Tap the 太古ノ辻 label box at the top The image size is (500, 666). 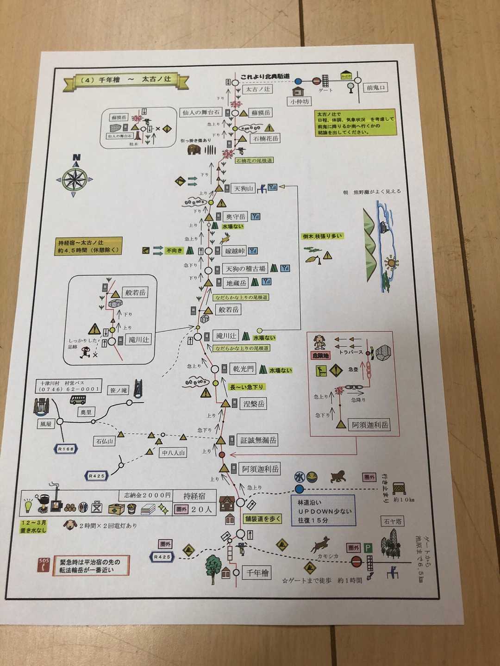tap(258, 89)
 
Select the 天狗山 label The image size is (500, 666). tap(244, 188)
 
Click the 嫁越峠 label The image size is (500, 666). tap(234, 251)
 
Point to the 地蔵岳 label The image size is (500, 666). tap(236, 283)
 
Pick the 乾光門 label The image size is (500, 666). tap(243, 369)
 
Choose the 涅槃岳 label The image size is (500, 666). tap(254, 404)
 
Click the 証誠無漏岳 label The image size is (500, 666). tap(258, 440)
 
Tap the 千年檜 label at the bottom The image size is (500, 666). tap(258, 573)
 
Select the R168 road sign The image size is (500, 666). tap(66, 449)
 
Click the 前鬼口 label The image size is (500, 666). tap(376, 87)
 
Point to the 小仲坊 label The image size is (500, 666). tap(299, 101)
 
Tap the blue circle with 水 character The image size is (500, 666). tap(299, 477)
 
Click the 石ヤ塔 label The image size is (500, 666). tap(393, 521)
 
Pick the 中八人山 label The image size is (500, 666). tap(174, 453)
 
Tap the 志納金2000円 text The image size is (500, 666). tap(145, 495)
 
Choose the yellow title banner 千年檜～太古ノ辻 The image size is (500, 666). tap(126, 80)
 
